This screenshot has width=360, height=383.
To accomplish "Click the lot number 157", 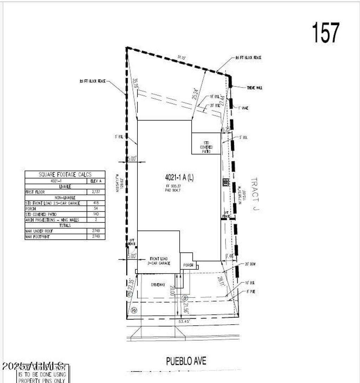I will click(326, 33).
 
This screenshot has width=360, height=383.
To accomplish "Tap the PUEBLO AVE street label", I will click(186, 361).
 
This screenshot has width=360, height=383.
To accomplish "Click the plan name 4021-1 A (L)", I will click(179, 178).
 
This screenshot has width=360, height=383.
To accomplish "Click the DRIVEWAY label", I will click(158, 285).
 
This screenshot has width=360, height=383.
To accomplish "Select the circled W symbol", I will click(134, 311).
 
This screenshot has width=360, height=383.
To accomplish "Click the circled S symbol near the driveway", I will click(184, 298).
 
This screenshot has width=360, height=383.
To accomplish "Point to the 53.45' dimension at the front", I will click(185, 321).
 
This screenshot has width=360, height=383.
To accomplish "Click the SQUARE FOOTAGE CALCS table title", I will click(65, 174).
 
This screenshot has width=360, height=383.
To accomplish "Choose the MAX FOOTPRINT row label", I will click(38, 237).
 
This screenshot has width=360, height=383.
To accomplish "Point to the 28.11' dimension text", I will click(220, 282).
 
